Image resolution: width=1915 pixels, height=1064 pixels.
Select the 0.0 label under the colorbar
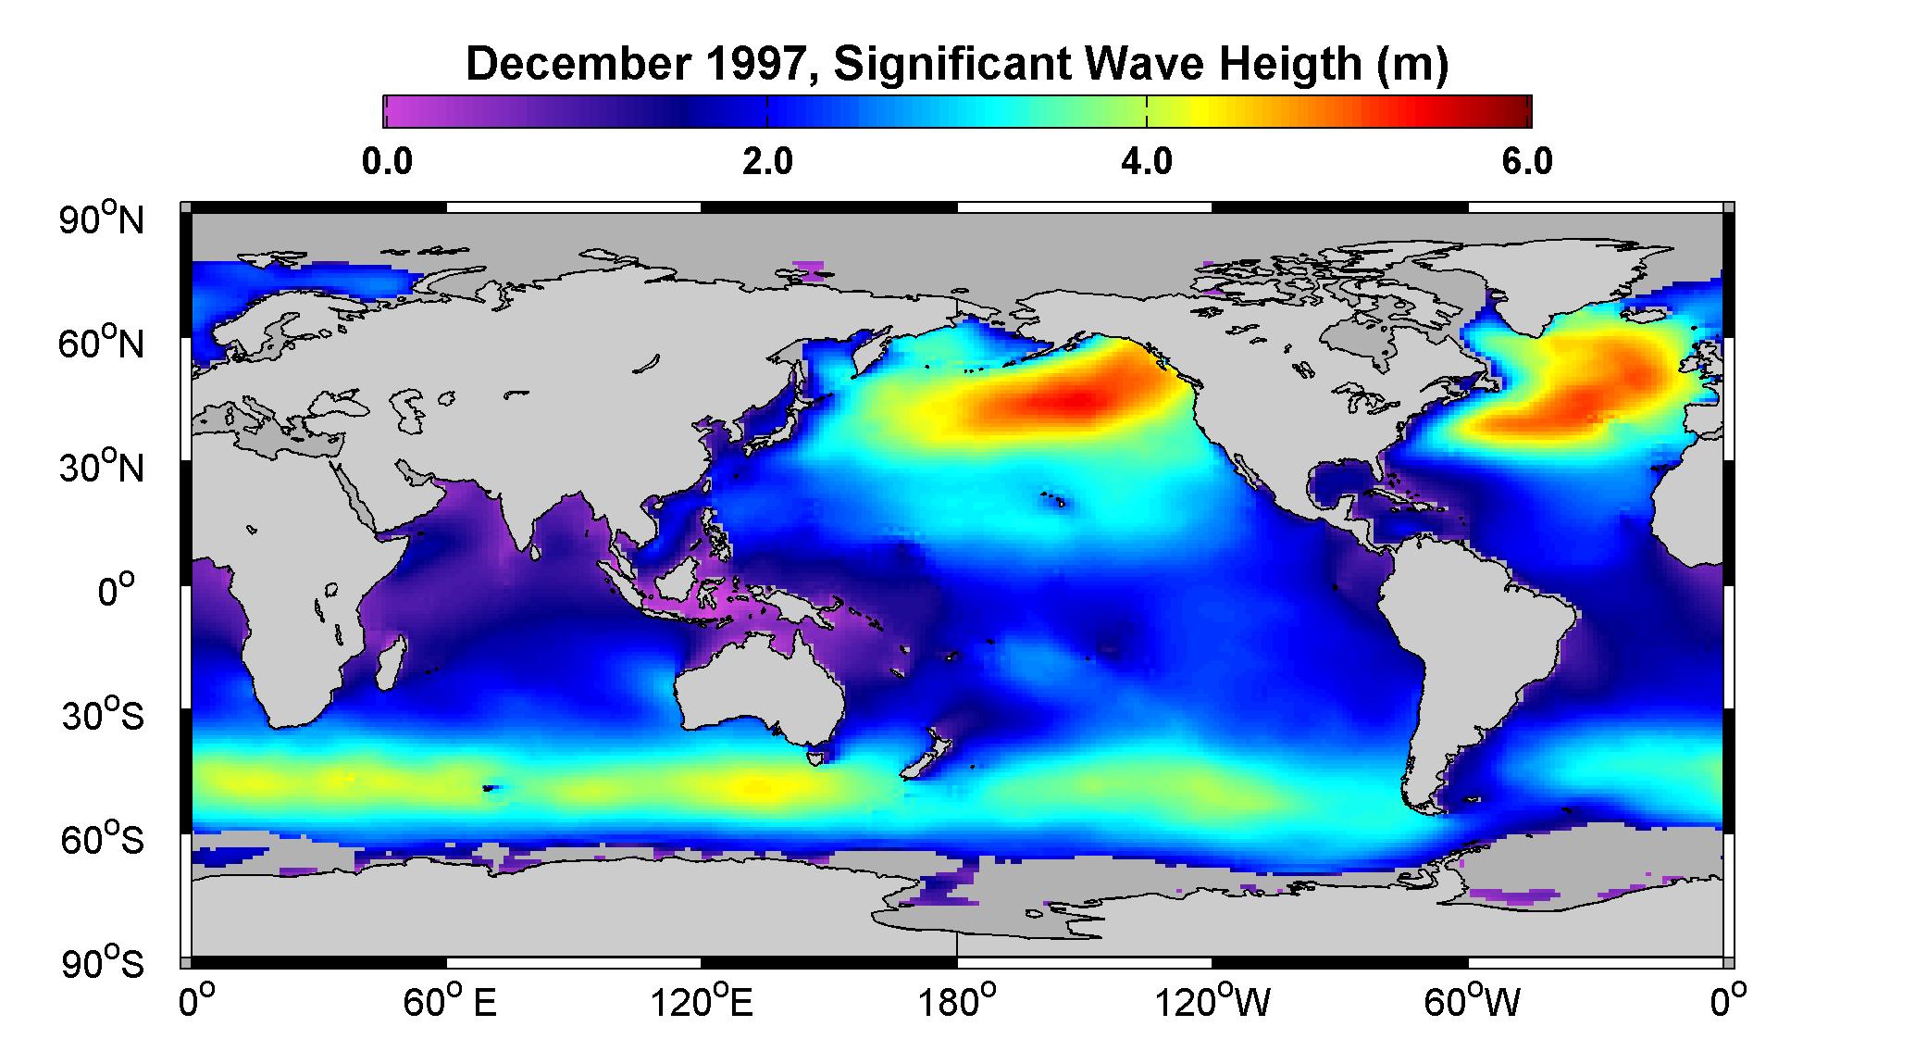387,162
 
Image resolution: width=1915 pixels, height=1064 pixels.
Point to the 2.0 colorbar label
768,162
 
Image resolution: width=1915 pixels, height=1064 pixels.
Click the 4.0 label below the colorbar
1147,162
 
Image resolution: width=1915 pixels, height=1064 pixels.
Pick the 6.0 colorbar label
1527,162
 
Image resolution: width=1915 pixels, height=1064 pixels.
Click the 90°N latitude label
102,219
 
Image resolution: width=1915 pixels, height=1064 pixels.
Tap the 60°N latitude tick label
102,344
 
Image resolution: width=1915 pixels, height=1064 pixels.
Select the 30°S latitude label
102,716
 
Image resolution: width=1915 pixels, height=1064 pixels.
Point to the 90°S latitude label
102,963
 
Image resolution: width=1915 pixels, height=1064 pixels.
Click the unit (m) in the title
1411,65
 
